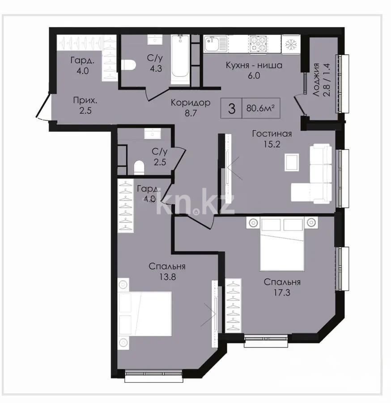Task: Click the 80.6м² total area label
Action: pos(260,108)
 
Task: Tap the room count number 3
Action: pos(231,108)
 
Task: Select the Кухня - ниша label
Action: pos(254,70)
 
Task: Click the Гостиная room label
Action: pos(272,138)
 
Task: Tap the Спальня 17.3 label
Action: pos(281,287)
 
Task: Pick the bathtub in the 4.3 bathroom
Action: pos(180,60)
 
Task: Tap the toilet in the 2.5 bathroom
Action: pos(139,167)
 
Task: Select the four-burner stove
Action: pos(258,44)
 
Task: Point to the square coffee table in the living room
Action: pos(292,162)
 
